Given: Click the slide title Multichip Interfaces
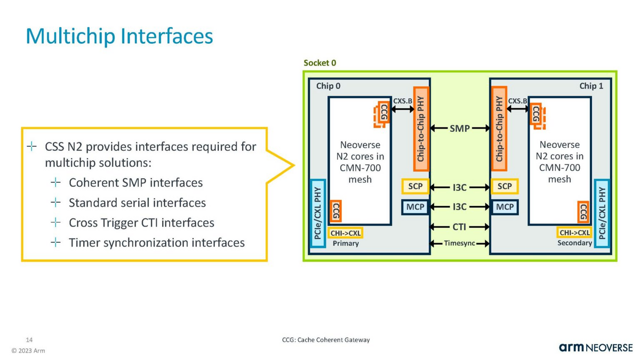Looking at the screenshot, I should [x=119, y=36].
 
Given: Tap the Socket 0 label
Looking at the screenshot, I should [x=319, y=63].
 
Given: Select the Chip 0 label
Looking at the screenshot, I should [x=329, y=86].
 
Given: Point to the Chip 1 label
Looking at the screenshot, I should [x=591, y=86].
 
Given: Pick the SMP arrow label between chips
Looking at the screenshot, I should [x=460, y=129].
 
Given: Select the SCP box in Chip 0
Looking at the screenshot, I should [x=415, y=187].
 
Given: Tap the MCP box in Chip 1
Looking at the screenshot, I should [x=504, y=206].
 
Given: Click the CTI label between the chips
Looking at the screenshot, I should [x=460, y=227].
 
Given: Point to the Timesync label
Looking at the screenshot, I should [x=460, y=244].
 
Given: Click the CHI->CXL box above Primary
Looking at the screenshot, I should [x=346, y=233].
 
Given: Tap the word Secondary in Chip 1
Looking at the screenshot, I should [x=574, y=243].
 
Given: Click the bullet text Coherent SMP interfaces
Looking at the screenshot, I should [x=136, y=183].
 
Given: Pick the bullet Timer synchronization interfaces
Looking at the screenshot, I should [x=157, y=243].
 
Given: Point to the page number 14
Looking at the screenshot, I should [x=30, y=340].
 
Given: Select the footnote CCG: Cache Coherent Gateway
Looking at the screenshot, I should [x=325, y=340].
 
